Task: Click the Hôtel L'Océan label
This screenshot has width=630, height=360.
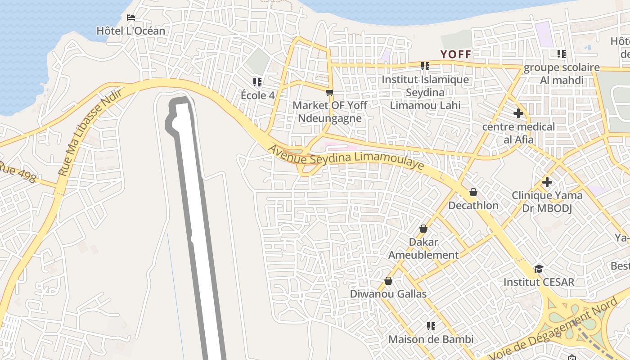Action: coord(131,31)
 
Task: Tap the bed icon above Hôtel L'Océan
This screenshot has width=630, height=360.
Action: coord(131,18)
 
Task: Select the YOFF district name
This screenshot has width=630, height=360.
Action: coord(456,54)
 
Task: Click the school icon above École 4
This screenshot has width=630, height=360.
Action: coord(257,82)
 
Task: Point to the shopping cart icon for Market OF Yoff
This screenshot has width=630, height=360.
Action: coord(330,93)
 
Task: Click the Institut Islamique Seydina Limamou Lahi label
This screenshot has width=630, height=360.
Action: coord(425,92)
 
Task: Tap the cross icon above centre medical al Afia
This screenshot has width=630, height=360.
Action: coord(518,113)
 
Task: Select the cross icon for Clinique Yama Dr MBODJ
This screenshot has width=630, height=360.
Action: coord(547,182)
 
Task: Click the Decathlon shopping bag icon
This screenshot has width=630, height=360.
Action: coord(473,193)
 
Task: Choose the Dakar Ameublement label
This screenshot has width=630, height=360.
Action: coord(423,248)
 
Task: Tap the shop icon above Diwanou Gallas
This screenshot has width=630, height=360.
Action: coord(388,281)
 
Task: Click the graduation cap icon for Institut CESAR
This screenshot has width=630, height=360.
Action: coord(539,269)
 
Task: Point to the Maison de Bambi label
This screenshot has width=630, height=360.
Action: coord(431,339)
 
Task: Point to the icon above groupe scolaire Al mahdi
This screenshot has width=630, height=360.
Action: coord(562,54)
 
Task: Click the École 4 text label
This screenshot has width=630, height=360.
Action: coord(257,95)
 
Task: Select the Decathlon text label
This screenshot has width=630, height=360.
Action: coord(473,206)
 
